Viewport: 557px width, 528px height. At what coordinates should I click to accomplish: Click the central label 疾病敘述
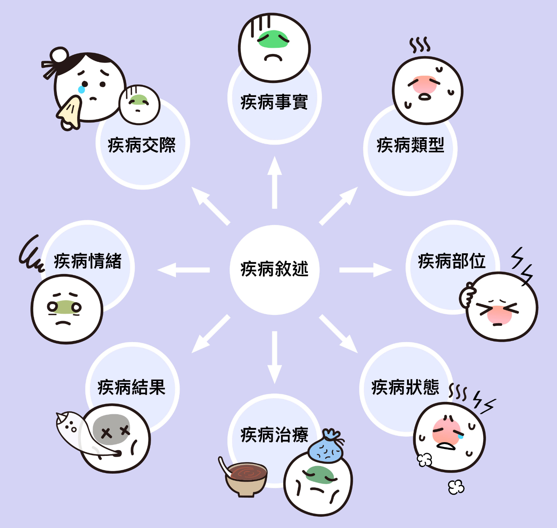tap(275, 269)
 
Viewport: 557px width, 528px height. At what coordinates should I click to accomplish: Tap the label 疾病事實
tap(274, 102)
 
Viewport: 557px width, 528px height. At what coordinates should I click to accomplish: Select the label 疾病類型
tap(410, 145)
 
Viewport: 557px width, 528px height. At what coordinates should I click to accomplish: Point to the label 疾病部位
tap(452, 261)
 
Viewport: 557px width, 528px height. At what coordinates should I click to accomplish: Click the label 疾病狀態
tap(405, 387)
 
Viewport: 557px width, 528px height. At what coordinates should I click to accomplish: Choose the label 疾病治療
tap(274, 435)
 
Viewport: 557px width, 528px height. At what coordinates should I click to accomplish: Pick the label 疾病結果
tap(131, 387)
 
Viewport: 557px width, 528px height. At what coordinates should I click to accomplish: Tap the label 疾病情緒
tap(88, 261)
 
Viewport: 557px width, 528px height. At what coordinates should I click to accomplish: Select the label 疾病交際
tap(142, 145)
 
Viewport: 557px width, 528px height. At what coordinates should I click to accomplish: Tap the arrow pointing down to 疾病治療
tap(275, 357)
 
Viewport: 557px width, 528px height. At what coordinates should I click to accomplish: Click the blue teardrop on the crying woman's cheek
tap(82, 89)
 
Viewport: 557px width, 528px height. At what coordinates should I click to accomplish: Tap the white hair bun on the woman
tap(59, 55)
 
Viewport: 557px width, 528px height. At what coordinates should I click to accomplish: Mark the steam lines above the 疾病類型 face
tap(420, 45)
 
